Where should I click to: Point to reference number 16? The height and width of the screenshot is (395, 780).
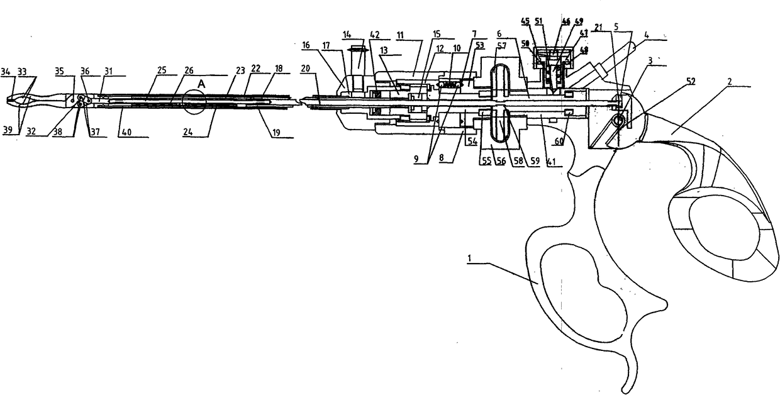(x=306, y=45)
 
